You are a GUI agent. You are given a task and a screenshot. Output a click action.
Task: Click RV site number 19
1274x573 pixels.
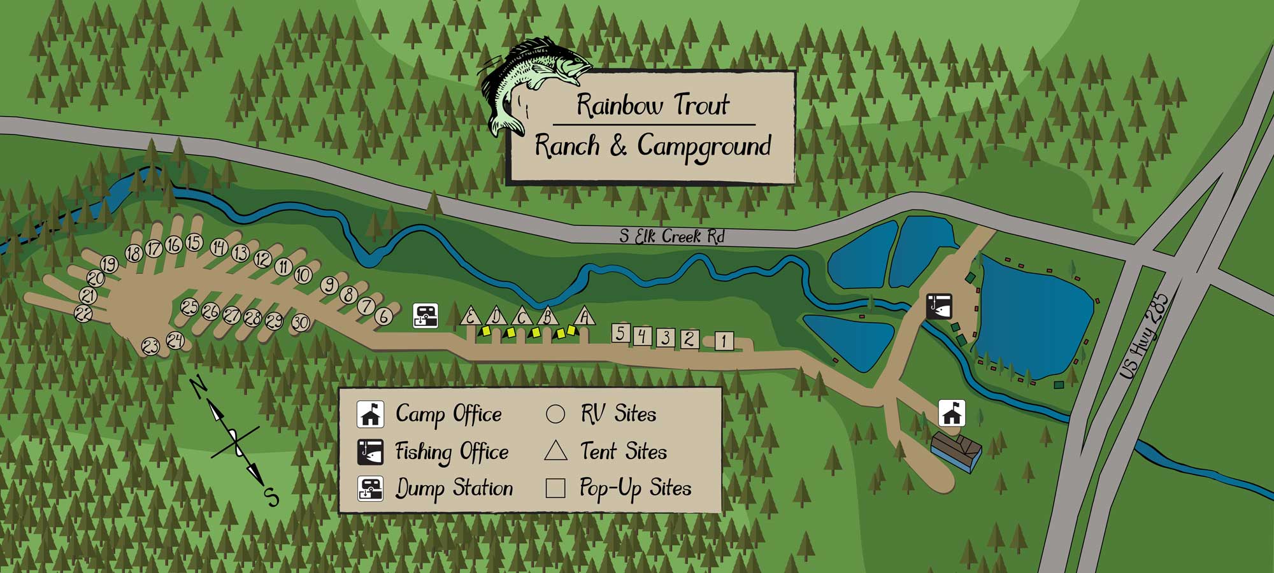[109, 264]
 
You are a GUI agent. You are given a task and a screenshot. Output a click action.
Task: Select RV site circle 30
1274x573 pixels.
[301, 323]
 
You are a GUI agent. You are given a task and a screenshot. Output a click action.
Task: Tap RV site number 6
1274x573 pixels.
[383, 316]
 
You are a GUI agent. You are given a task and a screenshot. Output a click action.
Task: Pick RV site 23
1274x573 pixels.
[150, 347]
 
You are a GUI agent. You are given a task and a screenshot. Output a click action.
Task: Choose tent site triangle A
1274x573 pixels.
[585, 316]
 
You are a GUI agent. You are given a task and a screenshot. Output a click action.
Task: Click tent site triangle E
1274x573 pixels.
[471, 316]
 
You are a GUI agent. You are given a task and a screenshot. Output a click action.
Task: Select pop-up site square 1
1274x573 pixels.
[723, 341]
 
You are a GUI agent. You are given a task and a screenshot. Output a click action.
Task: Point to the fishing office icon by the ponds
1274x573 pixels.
[938, 306]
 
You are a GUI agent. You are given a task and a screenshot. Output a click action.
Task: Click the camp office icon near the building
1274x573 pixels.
[952, 414]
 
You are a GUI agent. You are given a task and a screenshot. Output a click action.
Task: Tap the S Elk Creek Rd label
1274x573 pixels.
[672, 236]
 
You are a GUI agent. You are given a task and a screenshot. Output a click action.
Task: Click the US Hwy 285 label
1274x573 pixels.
[1145, 336]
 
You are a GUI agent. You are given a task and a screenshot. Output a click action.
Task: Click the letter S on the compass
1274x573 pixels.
[272, 496]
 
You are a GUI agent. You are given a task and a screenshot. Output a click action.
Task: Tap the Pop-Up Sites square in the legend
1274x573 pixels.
[555, 488]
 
